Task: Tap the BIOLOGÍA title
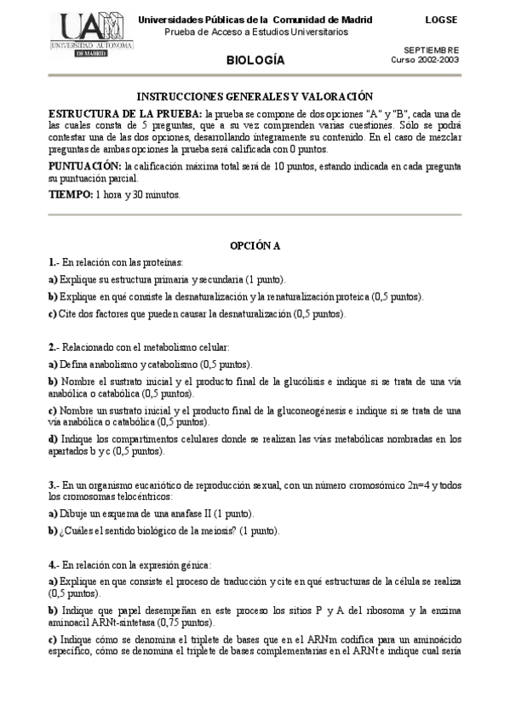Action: (x=255, y=60)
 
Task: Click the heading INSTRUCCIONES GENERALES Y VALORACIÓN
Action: (x=255, y=98)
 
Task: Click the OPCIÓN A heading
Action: (x=255, y=246)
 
